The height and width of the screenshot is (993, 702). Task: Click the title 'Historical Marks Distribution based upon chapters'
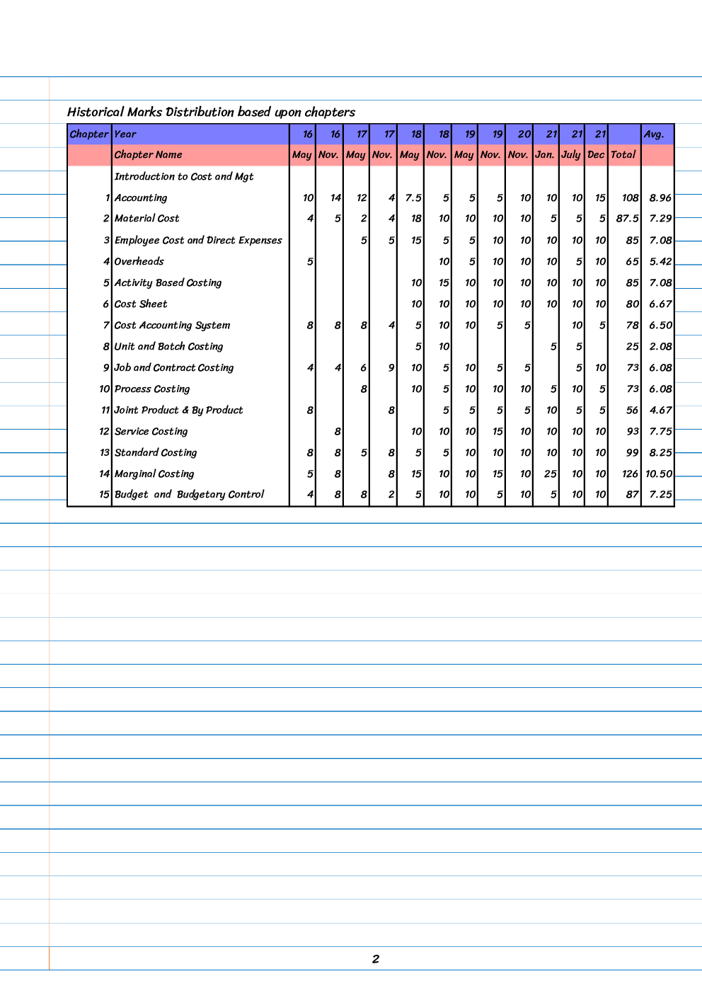(x=211, y=112)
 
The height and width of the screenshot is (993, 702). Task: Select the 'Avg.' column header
(x=654, y=134)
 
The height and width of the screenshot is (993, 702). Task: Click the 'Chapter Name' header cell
(x=149, y=155)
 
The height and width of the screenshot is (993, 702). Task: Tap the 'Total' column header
(x=623, y=155)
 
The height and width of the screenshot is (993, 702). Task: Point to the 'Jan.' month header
(x=545, y=155)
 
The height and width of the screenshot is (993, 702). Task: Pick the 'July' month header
(x=571, y=155)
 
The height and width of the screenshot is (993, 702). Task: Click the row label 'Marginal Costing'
(x=154, y=473)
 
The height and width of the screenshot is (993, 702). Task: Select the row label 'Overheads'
(x=139, y=261)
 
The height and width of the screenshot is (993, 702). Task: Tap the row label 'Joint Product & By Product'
(x=179, y=410)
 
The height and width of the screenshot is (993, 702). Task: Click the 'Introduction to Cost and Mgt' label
(x=184, y=176)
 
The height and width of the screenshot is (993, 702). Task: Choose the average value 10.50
(x=659, y=473)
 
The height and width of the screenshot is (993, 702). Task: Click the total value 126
(x=631, y=473)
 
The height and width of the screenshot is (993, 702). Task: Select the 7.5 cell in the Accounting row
(x=413, y=198)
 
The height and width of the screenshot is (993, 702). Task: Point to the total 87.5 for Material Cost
(x=628, y=219)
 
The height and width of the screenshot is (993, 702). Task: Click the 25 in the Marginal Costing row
(x=551, y=473)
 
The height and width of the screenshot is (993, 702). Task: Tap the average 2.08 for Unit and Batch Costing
(x=660, y=346)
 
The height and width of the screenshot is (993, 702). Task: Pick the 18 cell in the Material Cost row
(x=416, y=219)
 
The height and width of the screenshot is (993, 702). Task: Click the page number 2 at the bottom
(x=376, y=959)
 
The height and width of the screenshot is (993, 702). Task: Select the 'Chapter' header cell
(x=89, y=134)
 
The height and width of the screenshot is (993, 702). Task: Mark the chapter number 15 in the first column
(x=104, y=495)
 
